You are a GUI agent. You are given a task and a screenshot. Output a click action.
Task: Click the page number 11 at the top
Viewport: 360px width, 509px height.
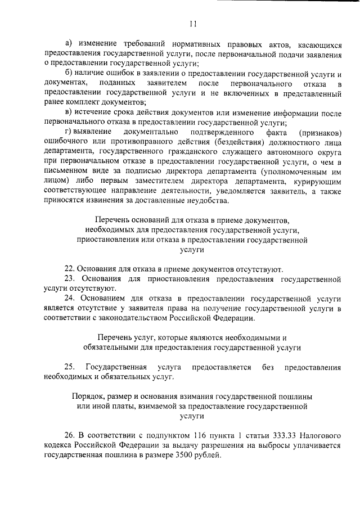pos(192,23)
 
